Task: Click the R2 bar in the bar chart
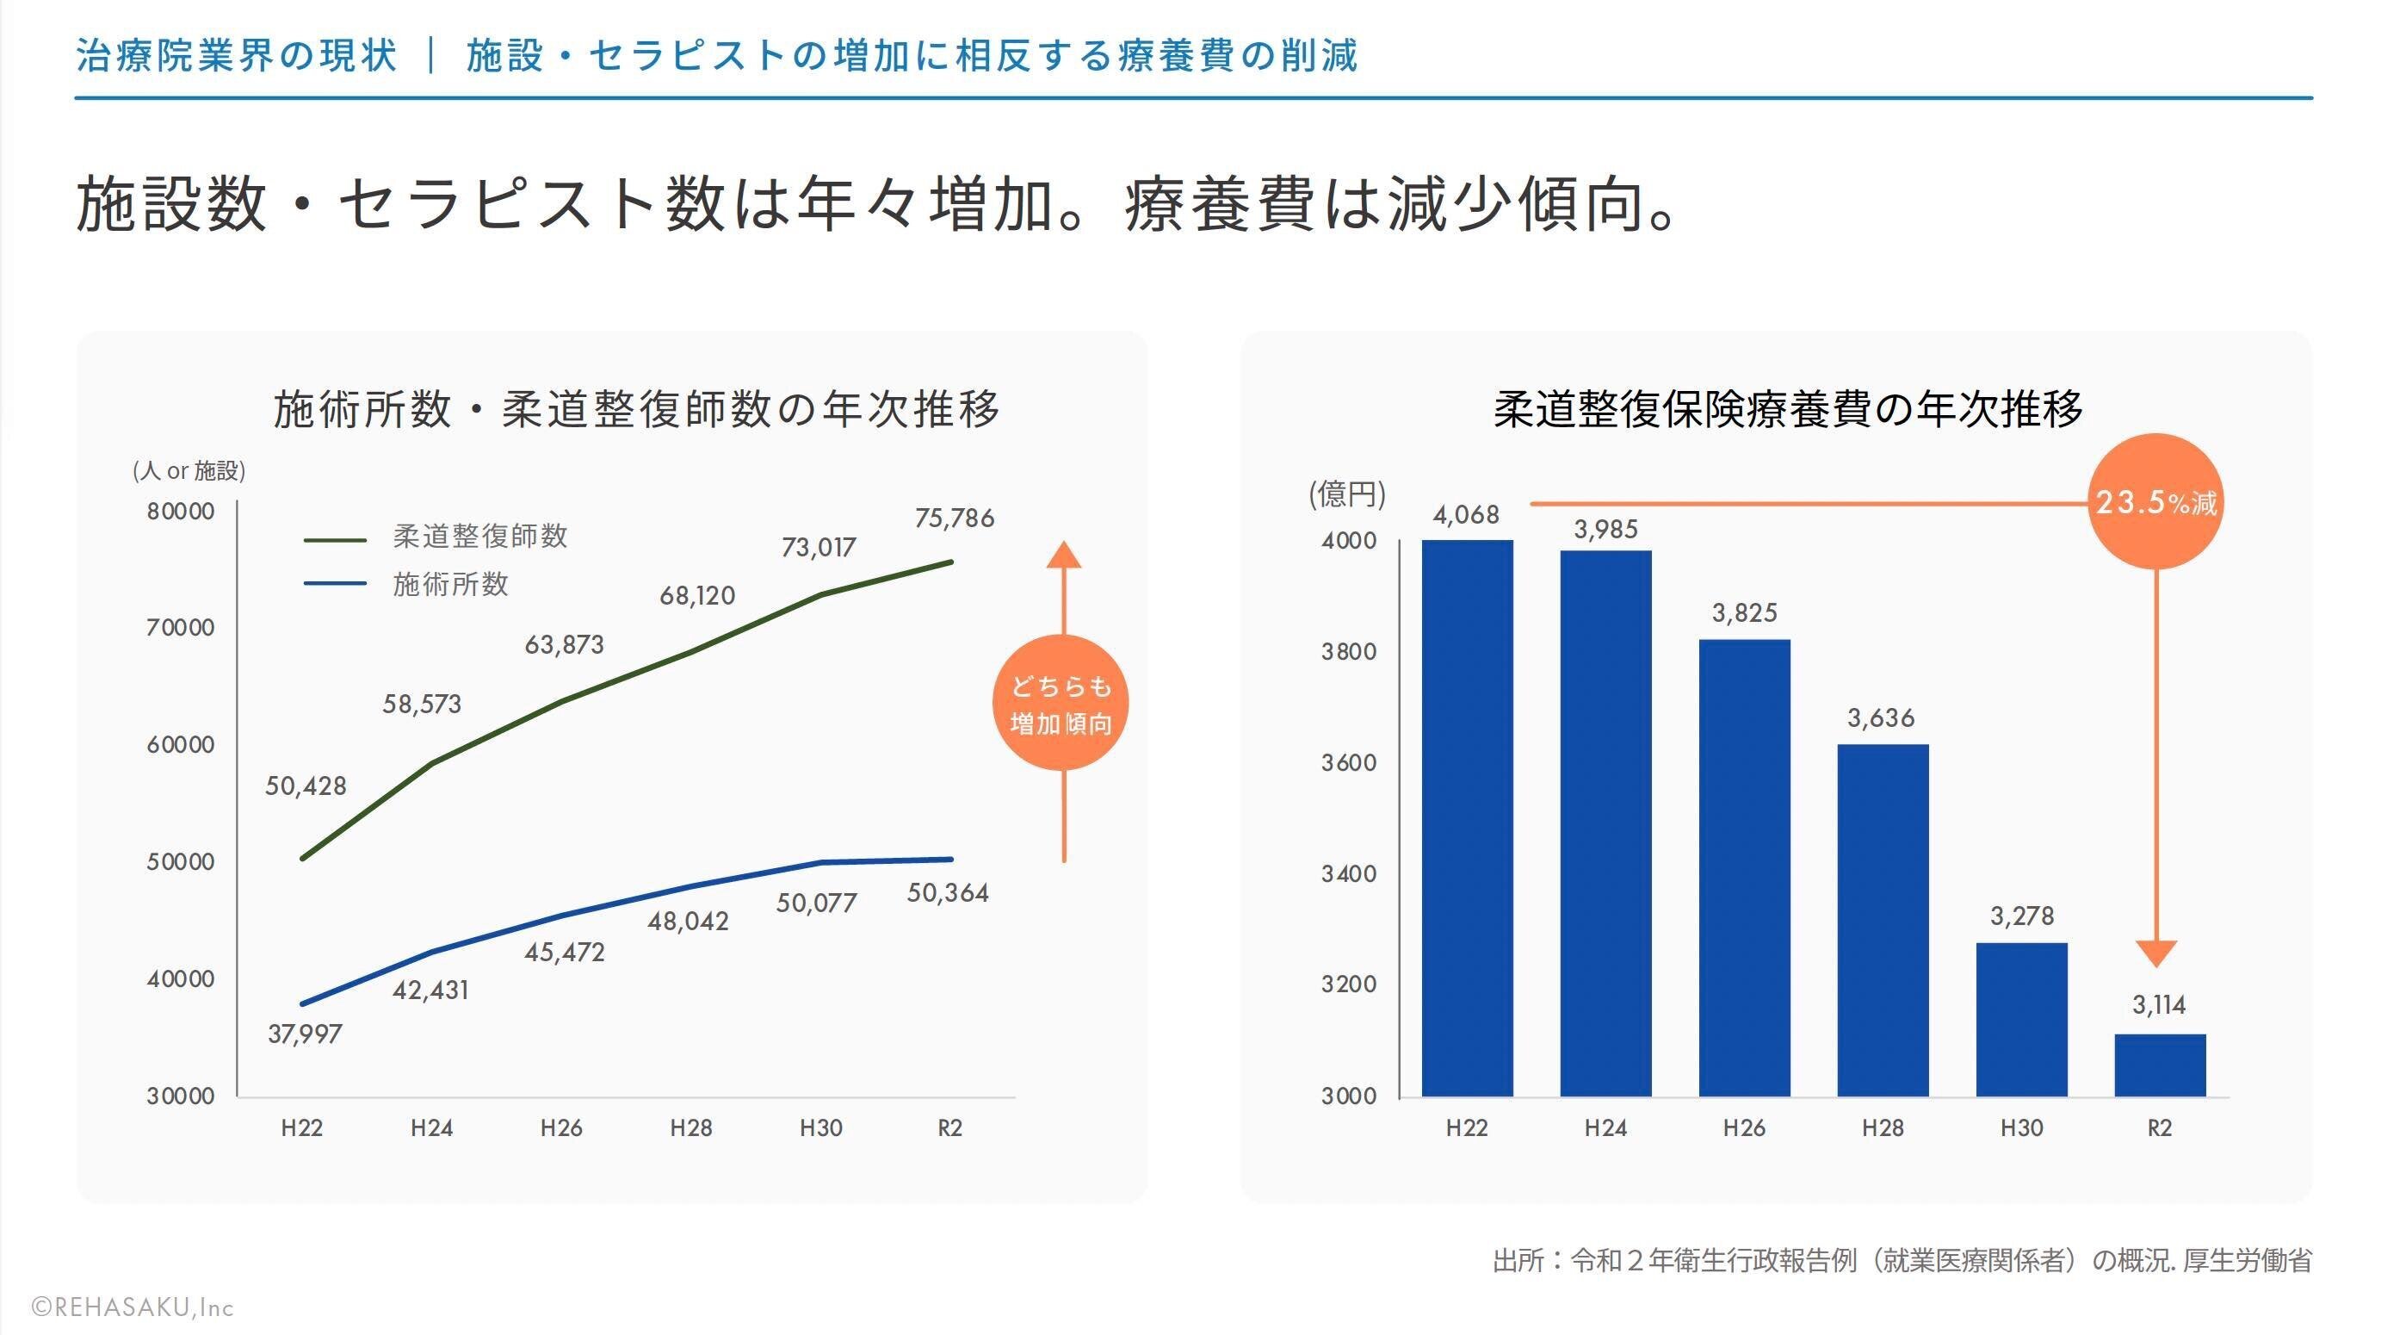pos(2159,1065)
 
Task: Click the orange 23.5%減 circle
pos(2155,502)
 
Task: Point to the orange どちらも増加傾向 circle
pos(1061,704)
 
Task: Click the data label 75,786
pos(955,518)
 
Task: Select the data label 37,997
pos(305,1034)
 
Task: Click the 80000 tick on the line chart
pos(180,512)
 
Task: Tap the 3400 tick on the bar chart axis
pos(1349,873)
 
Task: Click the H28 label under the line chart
pos(690,1128)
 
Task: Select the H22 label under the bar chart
pos(1467,1128)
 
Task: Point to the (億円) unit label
pos(1346,494)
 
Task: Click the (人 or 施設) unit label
pos(189,470)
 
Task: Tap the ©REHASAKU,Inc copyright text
pos(133,1307)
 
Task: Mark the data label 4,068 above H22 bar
pos(1466,515)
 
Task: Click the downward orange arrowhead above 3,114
pos(2156,953)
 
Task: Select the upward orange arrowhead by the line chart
pos(1064,555)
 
